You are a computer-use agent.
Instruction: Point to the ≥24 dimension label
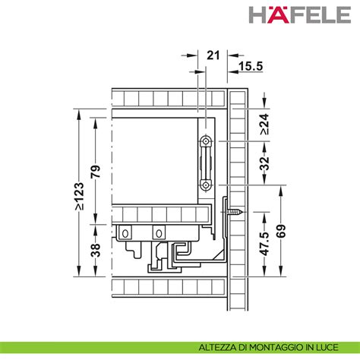coord(264,124)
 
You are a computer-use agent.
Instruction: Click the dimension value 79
coord(96,172)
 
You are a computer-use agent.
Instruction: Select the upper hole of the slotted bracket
coord(205,142)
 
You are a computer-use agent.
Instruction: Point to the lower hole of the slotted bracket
coord(205,184)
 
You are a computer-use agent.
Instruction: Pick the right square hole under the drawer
coord(159,232)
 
